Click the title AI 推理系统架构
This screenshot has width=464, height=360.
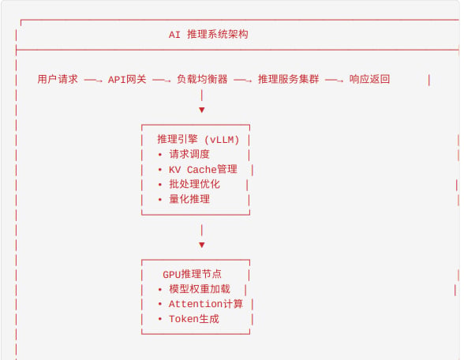click(208, 35)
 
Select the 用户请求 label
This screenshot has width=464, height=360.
click(58, 79)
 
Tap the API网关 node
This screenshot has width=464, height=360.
click(127, 79)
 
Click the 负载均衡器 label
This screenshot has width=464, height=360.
click(202, 79)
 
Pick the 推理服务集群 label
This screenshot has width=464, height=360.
click(289, 79)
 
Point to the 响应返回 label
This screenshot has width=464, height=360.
click(369, 79)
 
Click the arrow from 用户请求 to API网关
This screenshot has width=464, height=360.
click(93, 80)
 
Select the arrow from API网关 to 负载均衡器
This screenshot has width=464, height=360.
click(162, 80)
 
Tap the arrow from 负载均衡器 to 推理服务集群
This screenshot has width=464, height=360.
click(243, 80)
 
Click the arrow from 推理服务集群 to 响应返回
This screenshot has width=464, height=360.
click(334, 80)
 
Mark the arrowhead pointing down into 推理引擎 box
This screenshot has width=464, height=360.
click(202, 111)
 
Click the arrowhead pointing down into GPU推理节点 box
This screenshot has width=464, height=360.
click(202, 245)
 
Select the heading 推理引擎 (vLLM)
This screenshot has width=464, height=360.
click(198, 139)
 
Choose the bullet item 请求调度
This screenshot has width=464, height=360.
click(189, 154)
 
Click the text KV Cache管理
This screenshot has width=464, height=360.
click(203, 169)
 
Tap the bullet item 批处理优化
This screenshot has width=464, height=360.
click(194, 184)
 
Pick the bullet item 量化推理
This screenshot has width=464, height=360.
click(189, 199)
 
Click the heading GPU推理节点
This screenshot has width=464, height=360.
click(192, 274)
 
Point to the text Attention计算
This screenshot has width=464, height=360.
click(206, 304)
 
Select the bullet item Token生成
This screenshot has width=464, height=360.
click(194, 319)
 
